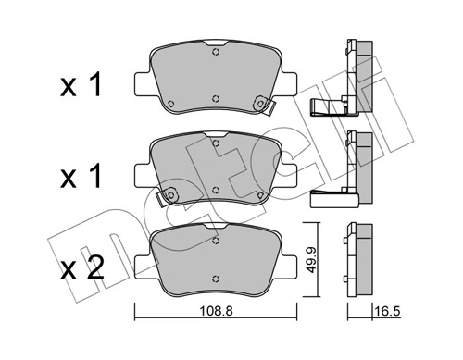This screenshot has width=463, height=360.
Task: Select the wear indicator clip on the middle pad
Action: pos(167,197)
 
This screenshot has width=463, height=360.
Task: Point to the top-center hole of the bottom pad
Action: pos(217,238)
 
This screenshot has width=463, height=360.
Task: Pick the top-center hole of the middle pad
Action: pos(217,143)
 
